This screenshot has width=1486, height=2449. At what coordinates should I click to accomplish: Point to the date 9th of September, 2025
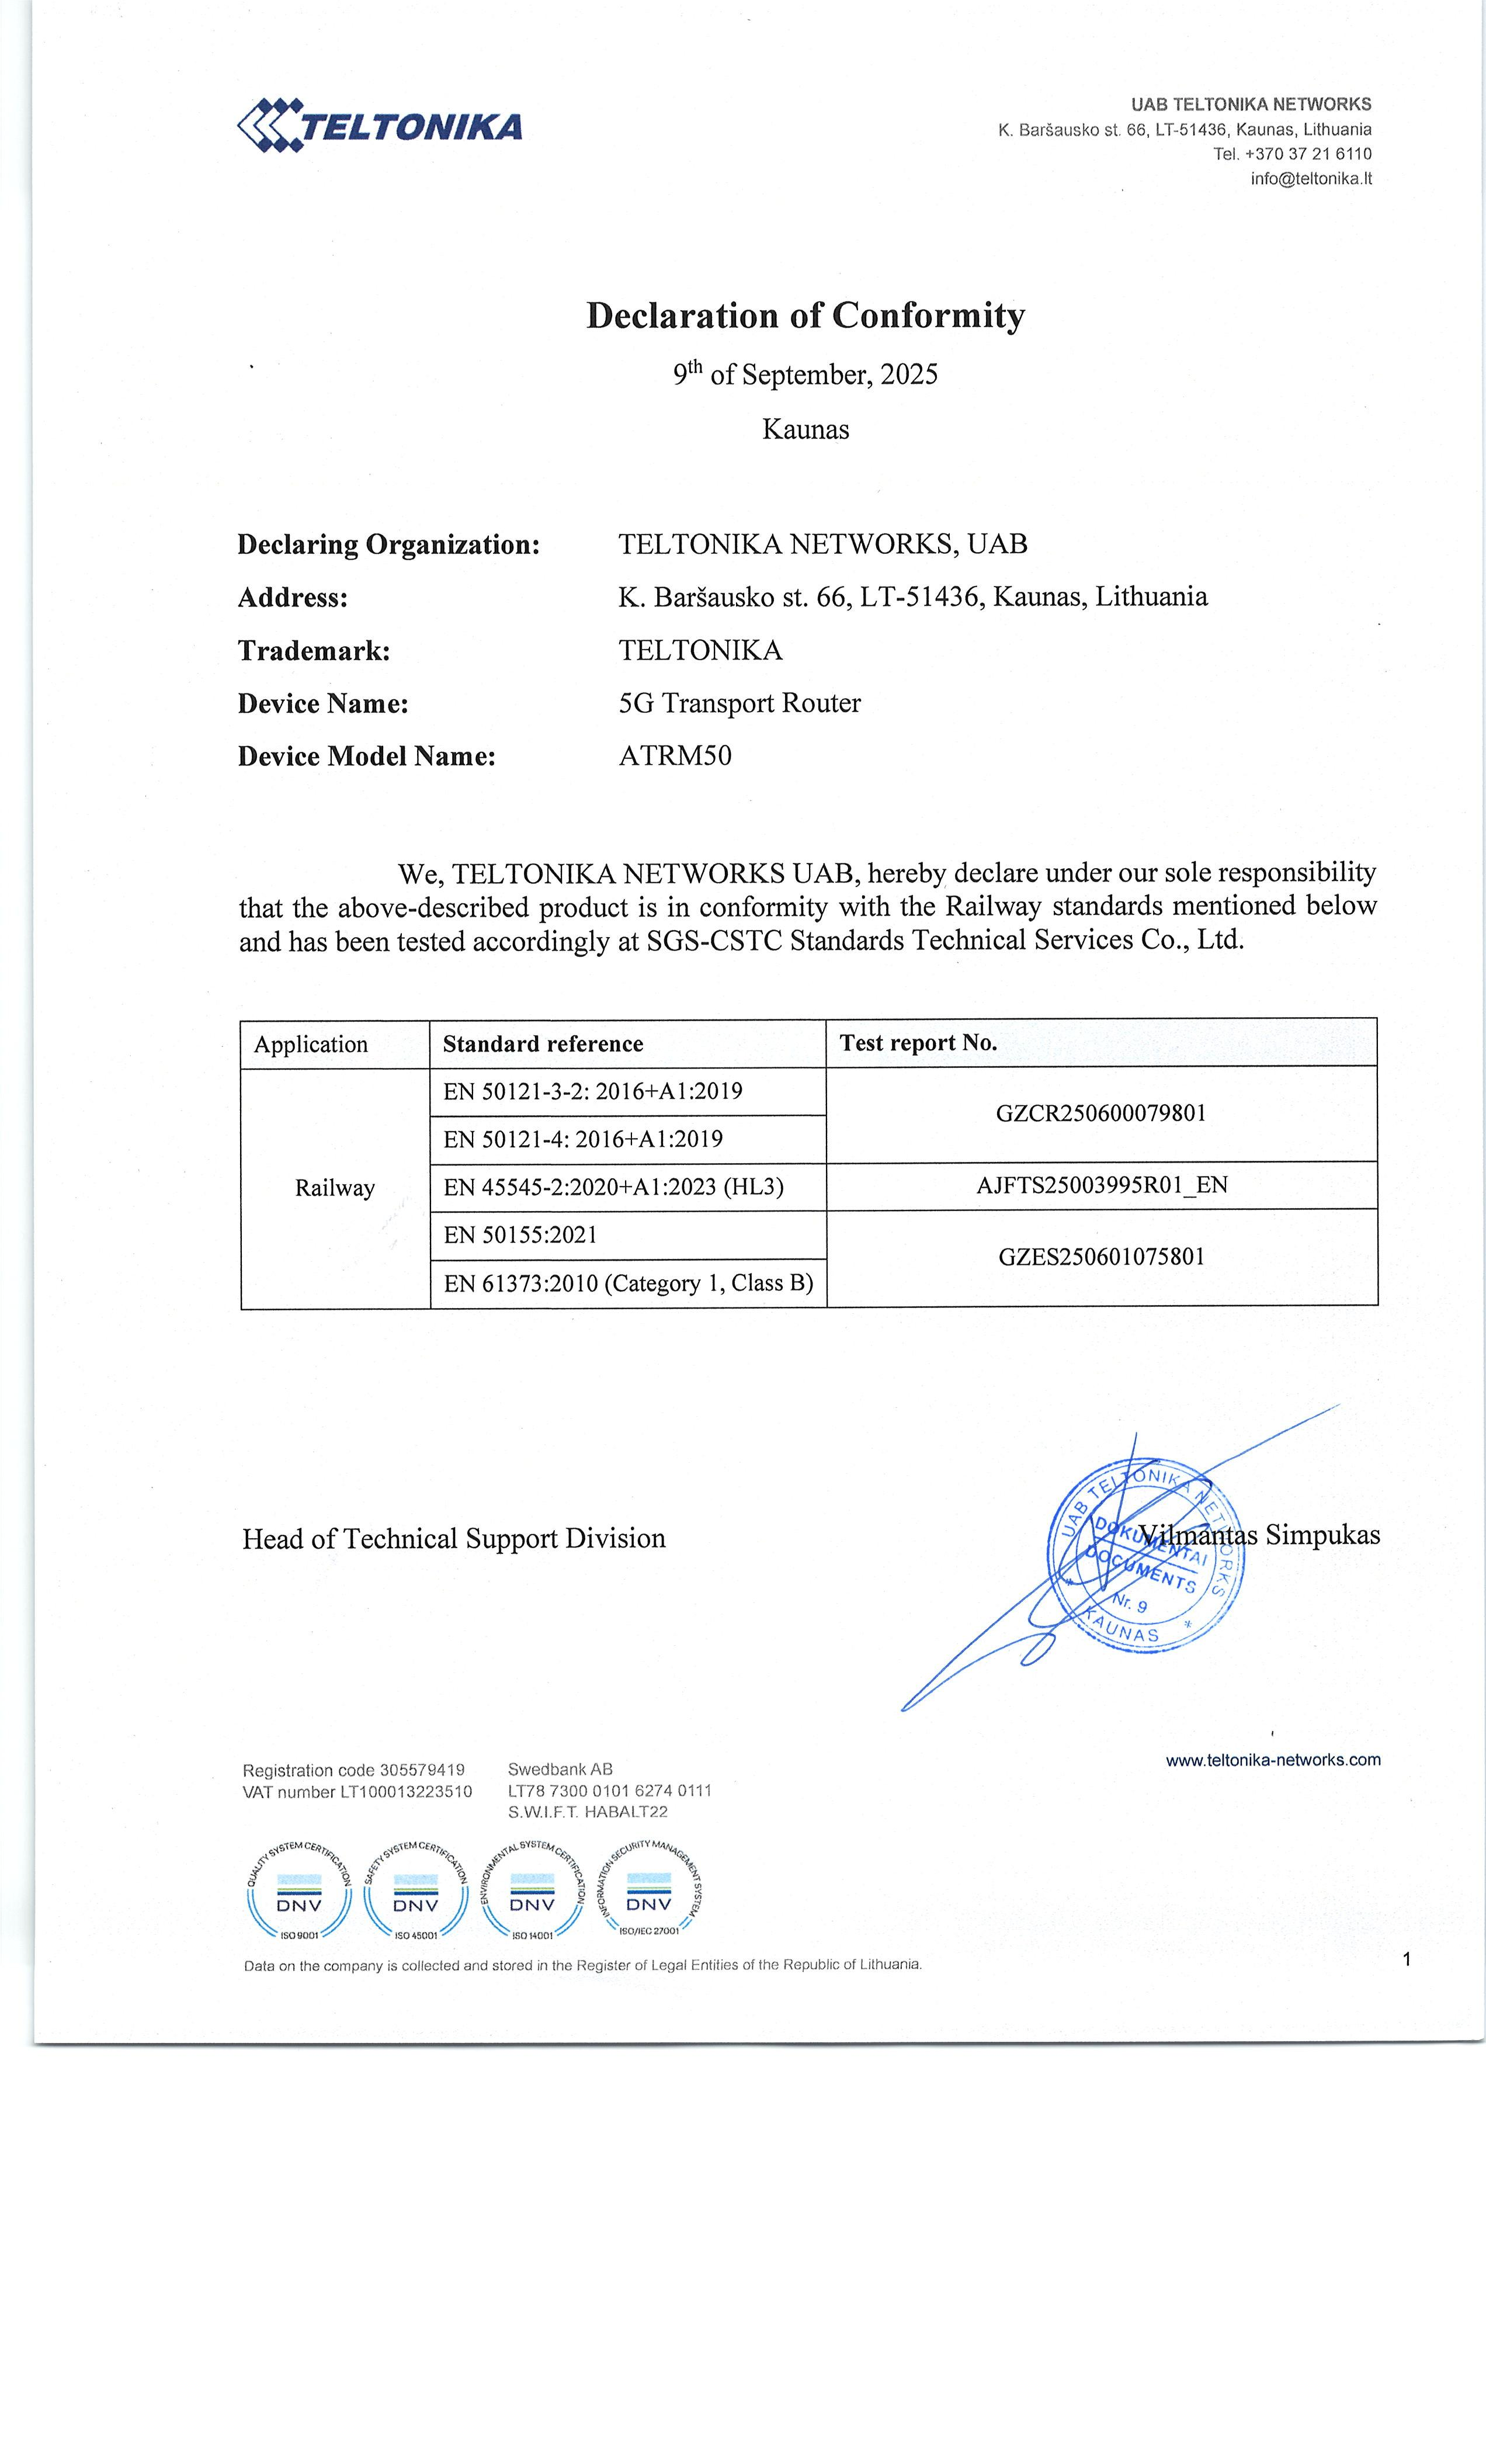[x=805, y=374]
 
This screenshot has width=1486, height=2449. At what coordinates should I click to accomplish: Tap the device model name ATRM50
[x=675, y=757]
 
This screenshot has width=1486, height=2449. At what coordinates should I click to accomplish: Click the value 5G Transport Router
[x=739, y=704]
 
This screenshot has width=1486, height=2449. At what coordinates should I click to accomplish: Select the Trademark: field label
[x=314, y=651]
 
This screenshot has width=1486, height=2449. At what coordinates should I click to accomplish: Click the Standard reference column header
[x=543, y=1043]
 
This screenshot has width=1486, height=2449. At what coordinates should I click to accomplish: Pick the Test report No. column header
[x=918, y=1043]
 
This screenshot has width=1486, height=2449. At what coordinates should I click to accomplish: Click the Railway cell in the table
[x=335, y=1189]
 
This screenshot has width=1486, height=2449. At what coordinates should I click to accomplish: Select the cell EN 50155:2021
[x=521, y=1236]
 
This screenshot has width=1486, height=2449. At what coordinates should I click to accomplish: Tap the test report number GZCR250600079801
[x=1101, y=1113]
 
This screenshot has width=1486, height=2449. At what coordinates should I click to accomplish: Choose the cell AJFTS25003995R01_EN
[x=1101, y=1185]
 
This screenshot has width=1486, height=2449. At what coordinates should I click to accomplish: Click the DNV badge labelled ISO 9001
[x=298, y=1898]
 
